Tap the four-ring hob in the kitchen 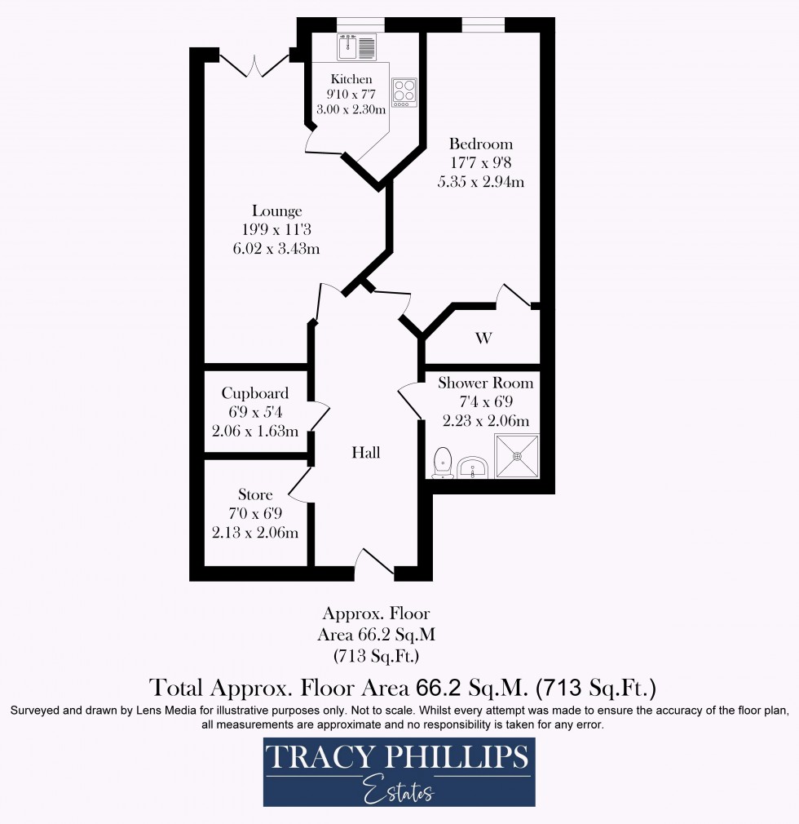pos(404,92)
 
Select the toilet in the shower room pos(444,462)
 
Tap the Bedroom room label pos(480,144)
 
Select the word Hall pos(366,453)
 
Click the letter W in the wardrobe pos(483,338)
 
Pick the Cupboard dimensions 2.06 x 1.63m pos(255,432)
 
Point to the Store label pos(255,494)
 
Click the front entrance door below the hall pos(374,565)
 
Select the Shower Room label pos(486,383)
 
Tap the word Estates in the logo pos(399,790)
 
